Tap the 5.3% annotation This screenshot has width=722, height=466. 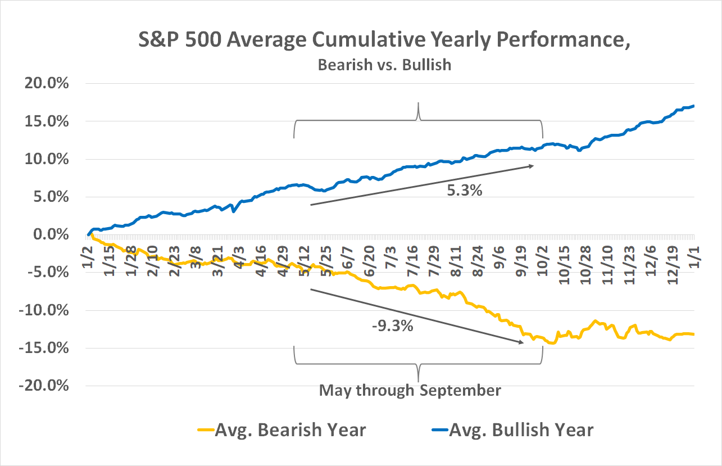(x=464, y=191)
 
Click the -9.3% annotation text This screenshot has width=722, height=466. (x=393, y=325)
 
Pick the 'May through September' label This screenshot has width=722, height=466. (x=410, y=390)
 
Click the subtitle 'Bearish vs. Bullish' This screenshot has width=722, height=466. (x=384, y=65)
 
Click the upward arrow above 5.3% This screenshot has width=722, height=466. (x=421, y=186)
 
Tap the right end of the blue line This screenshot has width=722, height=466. (x=694, y=106)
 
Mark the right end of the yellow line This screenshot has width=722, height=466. (x=694, y=334)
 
